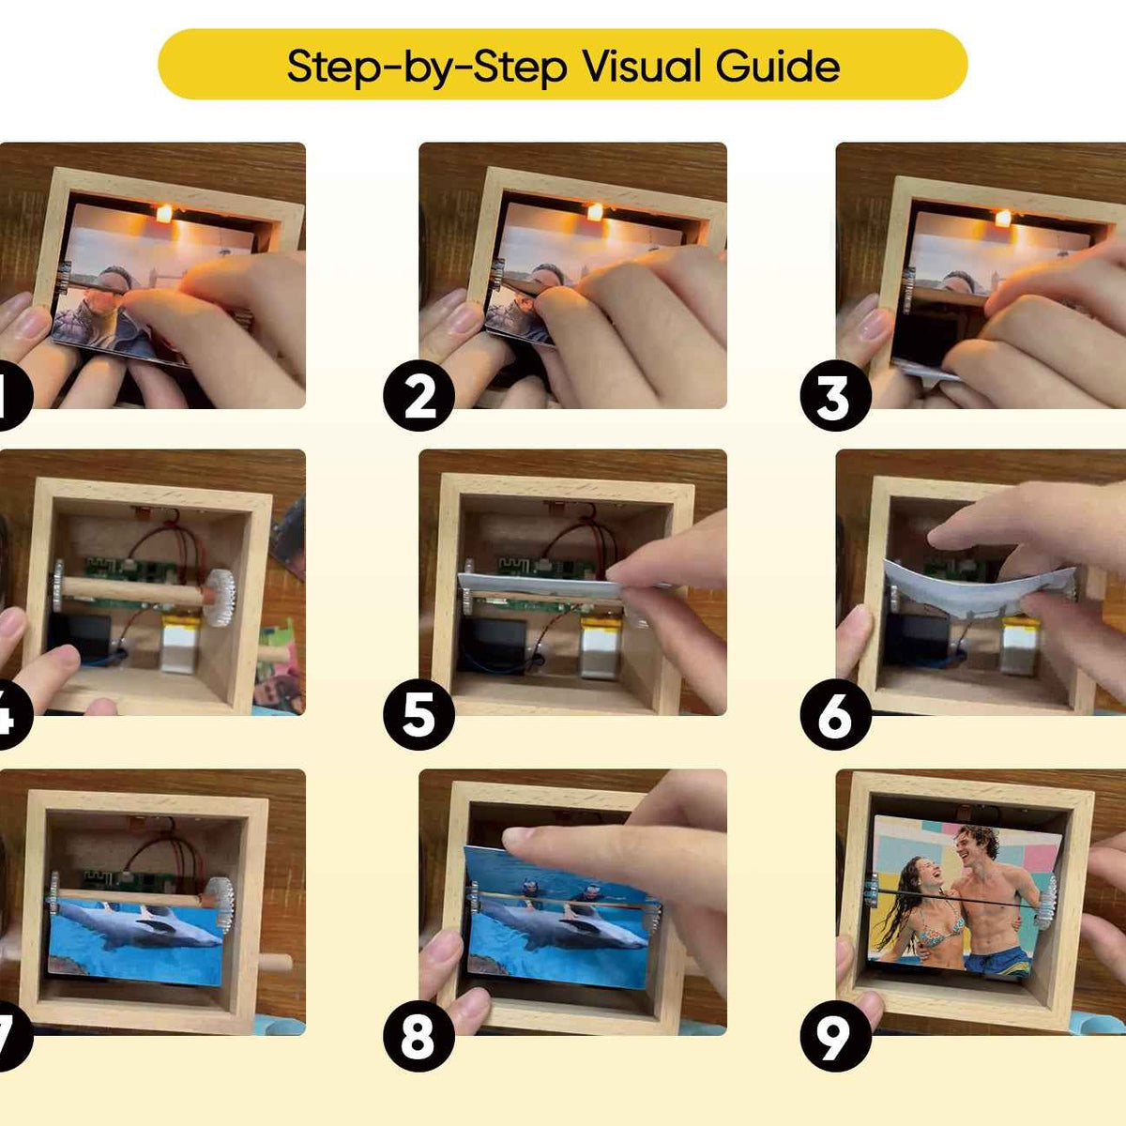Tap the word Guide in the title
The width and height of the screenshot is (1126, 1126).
point(778,65)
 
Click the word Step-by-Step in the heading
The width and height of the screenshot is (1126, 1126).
point(427,67)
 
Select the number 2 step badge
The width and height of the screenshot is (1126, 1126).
point(418,396)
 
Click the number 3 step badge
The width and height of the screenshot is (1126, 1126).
point(836,396)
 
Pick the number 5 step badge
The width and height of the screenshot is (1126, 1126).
point(418,714)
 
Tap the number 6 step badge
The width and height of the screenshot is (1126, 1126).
point(836,714)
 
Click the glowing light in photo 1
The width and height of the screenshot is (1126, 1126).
point(164,213)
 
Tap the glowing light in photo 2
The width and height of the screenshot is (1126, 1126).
point(594,212)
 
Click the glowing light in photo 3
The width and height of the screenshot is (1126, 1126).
point(1003,219)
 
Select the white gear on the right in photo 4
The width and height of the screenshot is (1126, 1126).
point(220,597)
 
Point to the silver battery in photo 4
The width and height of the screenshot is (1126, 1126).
point(180,642)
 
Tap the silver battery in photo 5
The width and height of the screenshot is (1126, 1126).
point(601,647)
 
